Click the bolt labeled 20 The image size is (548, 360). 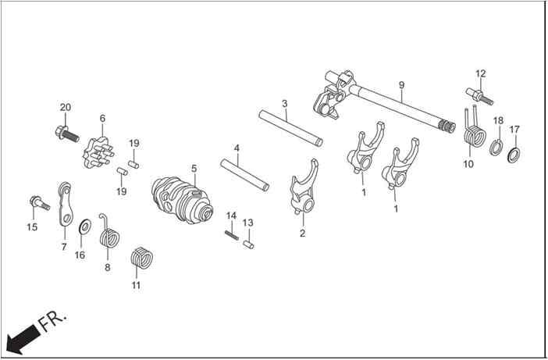[x=67, y=134]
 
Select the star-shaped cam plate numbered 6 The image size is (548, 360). [x=98, y=153]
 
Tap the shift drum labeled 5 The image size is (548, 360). [x=182, y=201]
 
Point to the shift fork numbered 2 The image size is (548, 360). [x=304, y=187]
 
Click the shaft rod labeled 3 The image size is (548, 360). [x=290, y=128]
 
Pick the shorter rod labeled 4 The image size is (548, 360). [x=244, y=175]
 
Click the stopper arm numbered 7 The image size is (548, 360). [x=66, y=204]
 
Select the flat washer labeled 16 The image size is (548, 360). [x=85, y=226]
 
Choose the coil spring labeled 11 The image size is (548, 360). [x=141, y=258]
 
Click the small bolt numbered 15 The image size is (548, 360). [x=40, y=203]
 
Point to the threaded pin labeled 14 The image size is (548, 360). [x=231, y=234]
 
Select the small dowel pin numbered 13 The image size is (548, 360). [x=248, y=244]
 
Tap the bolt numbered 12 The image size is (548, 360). [x=479, y=95]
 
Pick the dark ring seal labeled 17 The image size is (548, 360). [x=513, y=155]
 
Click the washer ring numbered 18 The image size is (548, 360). [x=496, y=148]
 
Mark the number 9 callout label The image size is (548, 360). [x=401, y=85]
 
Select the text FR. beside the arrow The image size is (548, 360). [x=52, y=320]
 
